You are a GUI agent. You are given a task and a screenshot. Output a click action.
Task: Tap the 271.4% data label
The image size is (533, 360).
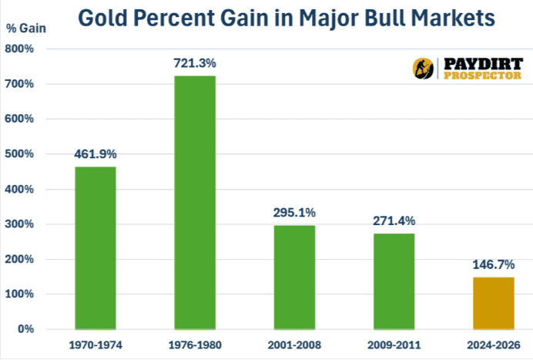(393, 220)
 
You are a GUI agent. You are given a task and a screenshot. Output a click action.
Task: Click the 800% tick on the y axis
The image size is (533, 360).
(21, 49)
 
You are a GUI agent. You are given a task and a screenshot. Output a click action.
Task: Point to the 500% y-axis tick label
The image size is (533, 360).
(21, 154)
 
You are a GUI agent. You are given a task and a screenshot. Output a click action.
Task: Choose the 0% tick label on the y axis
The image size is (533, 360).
(26, 329)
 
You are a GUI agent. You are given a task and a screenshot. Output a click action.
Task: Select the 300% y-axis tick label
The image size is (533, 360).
(21, 224)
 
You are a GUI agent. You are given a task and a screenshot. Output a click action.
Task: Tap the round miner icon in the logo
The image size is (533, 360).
(423, 68)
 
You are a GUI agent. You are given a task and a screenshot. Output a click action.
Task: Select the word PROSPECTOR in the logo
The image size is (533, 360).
(482, 75)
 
